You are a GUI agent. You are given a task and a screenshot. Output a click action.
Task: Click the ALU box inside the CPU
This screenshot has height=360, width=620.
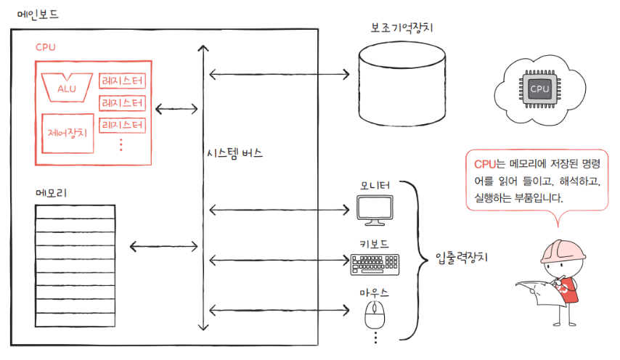click(67, 87)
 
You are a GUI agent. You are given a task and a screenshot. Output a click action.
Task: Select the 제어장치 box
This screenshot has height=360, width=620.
click(67, 134)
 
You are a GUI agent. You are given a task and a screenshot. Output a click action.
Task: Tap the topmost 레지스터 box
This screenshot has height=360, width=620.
click(123, 81)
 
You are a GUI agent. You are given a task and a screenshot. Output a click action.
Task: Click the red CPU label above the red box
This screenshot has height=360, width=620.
click(46, 48)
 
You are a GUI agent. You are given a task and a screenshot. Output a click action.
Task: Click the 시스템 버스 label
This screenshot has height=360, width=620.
click(234, 155)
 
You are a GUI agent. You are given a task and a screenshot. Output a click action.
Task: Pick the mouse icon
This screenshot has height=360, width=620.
click(375, 316)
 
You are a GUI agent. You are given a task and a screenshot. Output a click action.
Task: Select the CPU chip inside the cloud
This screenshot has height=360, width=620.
click(539, 89)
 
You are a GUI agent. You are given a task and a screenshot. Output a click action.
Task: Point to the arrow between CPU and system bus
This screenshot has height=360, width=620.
click(176, 110)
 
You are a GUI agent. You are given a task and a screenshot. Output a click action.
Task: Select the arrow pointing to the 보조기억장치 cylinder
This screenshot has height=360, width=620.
click(280, 74)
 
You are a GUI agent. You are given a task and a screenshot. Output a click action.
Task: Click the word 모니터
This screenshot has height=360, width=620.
click(375, 187)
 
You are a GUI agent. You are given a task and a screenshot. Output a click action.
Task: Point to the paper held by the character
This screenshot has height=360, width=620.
click(537, 294)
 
